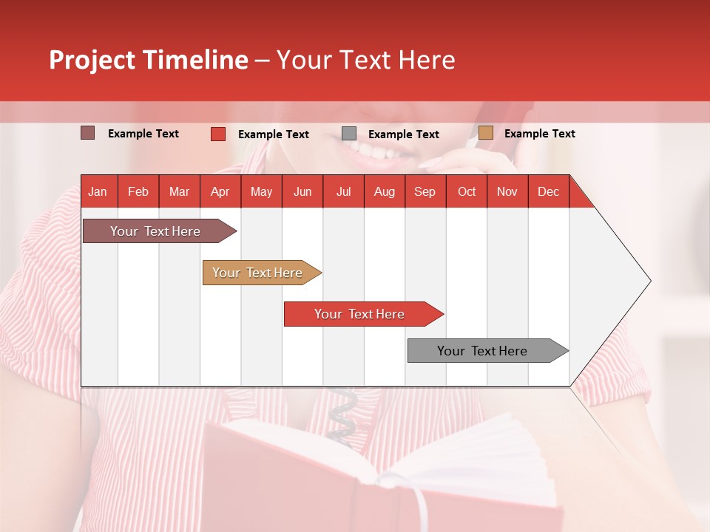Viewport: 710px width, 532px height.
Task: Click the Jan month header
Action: (98, 192)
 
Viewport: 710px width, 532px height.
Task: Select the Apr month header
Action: (220, 192)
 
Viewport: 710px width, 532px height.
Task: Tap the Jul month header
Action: (343, 192)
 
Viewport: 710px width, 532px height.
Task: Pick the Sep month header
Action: (425, 192)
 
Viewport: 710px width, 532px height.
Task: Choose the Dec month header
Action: (548, 192)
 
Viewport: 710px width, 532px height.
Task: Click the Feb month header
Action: (138, 192)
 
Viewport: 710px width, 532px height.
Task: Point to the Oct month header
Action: (467, 192)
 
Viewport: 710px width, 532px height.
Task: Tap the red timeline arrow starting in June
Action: (360, 314)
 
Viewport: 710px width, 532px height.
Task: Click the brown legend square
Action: (88, 133)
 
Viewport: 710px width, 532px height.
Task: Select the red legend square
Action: (218, 134)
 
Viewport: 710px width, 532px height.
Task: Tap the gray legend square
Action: (349, 134)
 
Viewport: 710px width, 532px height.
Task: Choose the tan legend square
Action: (486, 133)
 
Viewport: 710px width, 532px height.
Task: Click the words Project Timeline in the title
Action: (148, 60)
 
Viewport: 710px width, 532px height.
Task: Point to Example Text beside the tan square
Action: (539, 134)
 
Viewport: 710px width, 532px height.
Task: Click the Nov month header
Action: (507, 192)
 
